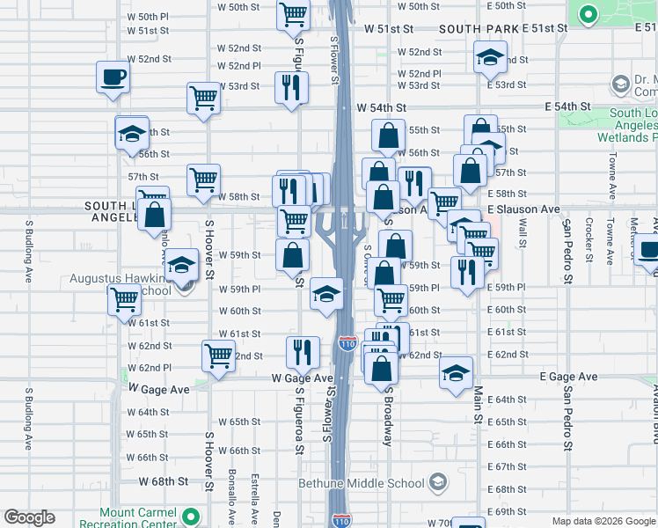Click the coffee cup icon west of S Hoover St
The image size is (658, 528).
tap(112, 76)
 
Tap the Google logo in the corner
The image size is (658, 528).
tap(29, 517)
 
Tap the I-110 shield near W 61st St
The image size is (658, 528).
tap(347, 343)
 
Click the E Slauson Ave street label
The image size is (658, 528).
tap(523, 209)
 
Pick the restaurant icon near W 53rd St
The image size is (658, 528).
tap(291, 87)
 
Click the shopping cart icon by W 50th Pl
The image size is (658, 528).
tap(293, 14)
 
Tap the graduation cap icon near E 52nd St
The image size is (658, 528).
tap(490, 58)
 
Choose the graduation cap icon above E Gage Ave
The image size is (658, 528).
tap(457, 372)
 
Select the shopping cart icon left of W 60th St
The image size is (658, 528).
tap(124, 299)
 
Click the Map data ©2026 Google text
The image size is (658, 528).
tap(603, 521)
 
